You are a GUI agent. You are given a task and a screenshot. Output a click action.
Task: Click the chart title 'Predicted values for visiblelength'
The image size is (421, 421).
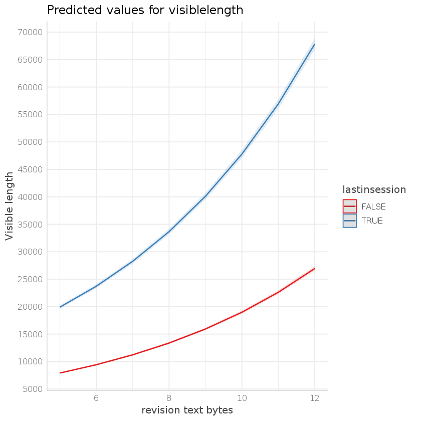coord(145,11)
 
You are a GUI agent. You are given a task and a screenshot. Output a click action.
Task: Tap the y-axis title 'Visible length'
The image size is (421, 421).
coord(10,206)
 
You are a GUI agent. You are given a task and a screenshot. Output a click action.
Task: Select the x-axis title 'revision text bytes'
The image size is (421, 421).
coord(187,410)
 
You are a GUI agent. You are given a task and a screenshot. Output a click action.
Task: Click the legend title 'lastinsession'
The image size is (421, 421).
coord(374,189)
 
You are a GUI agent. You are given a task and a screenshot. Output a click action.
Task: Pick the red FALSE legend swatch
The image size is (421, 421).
coord(349,206)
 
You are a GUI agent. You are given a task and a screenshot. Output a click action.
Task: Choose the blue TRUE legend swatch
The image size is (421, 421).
coord(349,221)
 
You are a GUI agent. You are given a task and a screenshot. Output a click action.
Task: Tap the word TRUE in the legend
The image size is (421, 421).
coord(372,221)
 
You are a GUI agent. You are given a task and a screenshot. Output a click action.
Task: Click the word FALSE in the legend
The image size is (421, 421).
coord(374,206)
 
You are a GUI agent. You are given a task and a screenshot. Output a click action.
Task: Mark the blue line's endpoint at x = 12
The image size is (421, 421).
coord(314,45)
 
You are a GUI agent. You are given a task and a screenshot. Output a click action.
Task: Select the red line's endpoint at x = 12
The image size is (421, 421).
coord(314,269)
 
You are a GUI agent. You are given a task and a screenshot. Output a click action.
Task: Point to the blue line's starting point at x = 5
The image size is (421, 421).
coord(60,307)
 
